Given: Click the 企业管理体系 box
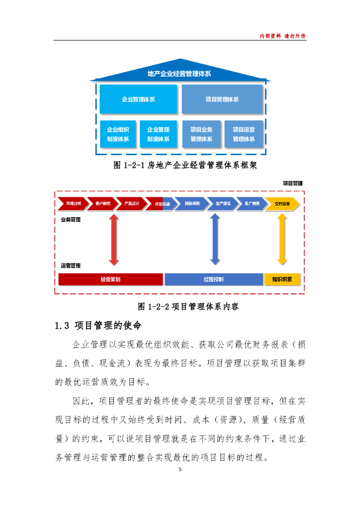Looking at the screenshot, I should tap(138, 99).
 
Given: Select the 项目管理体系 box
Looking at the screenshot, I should tap(222, 99).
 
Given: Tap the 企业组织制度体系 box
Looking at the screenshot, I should tap(118, 134).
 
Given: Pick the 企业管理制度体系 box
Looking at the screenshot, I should tap(158, 134).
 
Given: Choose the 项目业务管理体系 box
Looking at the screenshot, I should tap(201, 134).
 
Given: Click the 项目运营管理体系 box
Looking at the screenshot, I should tap(244, 134).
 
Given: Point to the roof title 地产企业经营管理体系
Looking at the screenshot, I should tap(180, 74).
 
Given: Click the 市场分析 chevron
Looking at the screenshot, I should tap(73, 204).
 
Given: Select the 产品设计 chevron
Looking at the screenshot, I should tap(131, 204).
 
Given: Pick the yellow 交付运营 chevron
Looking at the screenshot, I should tap(282, 204).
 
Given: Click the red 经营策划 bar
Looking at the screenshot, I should tap(110, 279).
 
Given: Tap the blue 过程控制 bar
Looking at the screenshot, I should tap(213, 279).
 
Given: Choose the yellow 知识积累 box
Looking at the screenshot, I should tap(282, 279).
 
